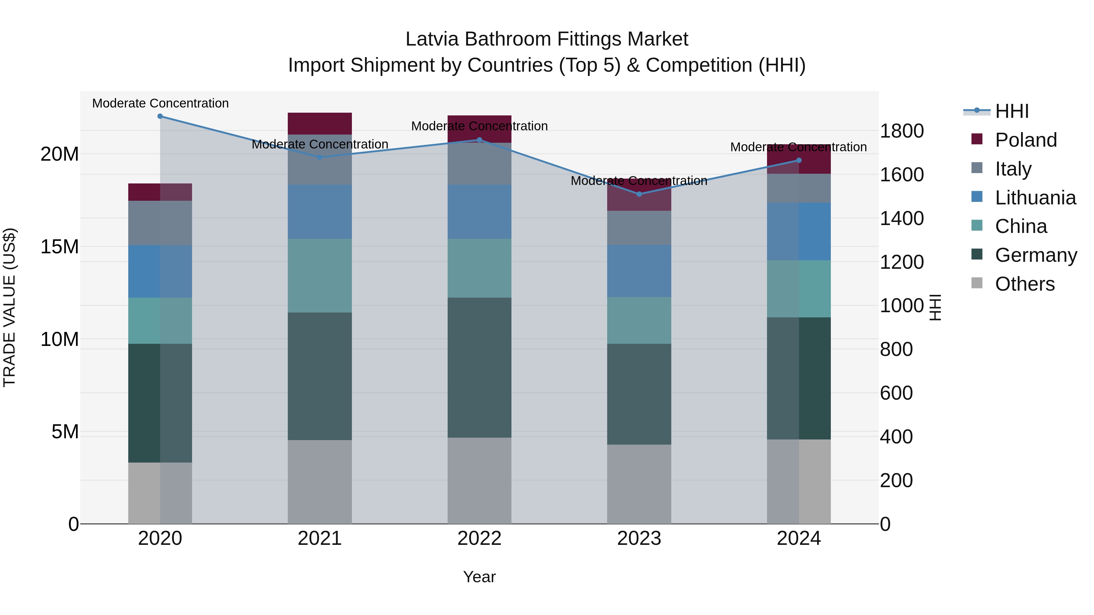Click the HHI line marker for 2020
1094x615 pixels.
coord(160,116)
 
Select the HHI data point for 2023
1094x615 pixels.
coord(639,194)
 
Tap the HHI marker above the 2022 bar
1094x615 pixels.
coord(480,140)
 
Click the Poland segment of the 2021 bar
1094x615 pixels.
coord(320,124)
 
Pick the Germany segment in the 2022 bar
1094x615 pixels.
coord(480,367)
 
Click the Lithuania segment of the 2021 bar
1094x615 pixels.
coord(320,211)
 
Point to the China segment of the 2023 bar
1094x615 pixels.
coord(639,320)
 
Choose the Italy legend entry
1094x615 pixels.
coord(1013,169)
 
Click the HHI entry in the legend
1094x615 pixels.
coord(1012,111)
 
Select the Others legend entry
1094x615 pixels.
coord(1024,284)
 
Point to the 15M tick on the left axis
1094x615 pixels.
coord(60,247)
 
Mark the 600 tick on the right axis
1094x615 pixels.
coord(896,393)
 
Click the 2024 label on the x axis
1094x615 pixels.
coord(798,538)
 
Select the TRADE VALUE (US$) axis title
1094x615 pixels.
coord(9,307)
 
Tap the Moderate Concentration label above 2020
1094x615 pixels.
coord(160,103)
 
